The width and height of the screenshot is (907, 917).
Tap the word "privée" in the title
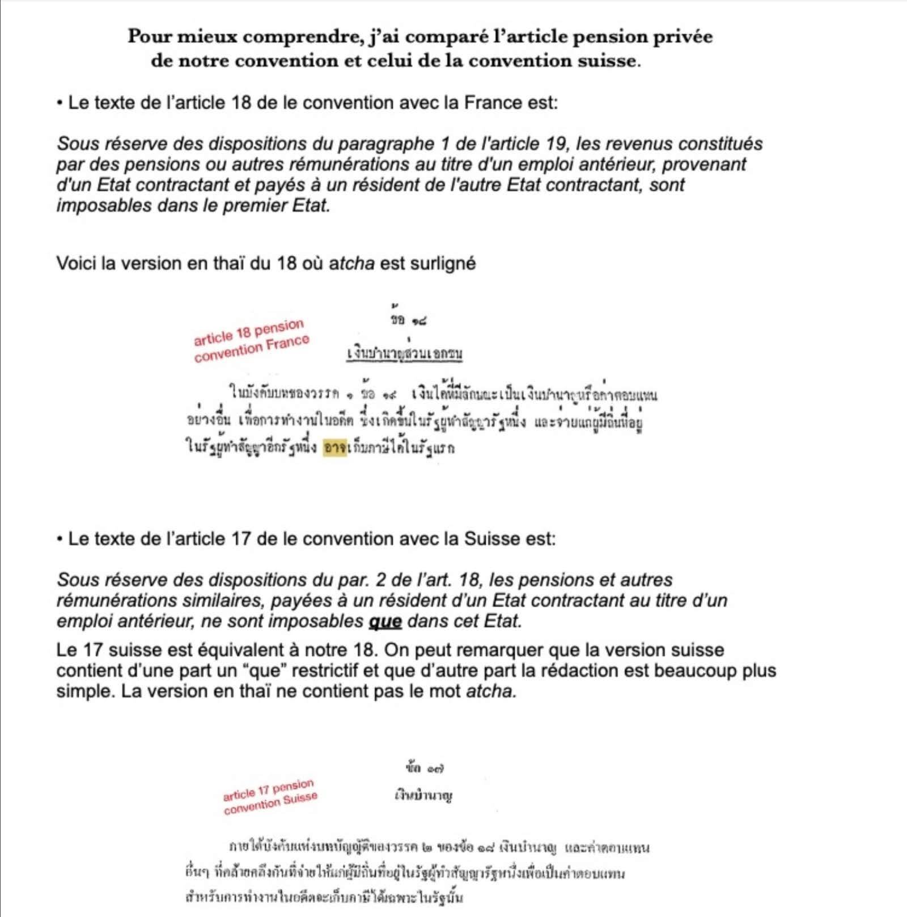tap(683, 37)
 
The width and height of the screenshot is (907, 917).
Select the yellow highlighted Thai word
tap(334, 449)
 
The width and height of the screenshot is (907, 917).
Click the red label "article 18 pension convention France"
tap(251, 341)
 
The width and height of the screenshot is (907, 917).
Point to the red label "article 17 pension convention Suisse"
tap(270, 797)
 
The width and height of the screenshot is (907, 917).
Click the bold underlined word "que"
tap(385, 622)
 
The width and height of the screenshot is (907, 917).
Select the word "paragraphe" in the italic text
tap(385, 144)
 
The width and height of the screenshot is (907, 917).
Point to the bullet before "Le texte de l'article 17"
tap(60, 539)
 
